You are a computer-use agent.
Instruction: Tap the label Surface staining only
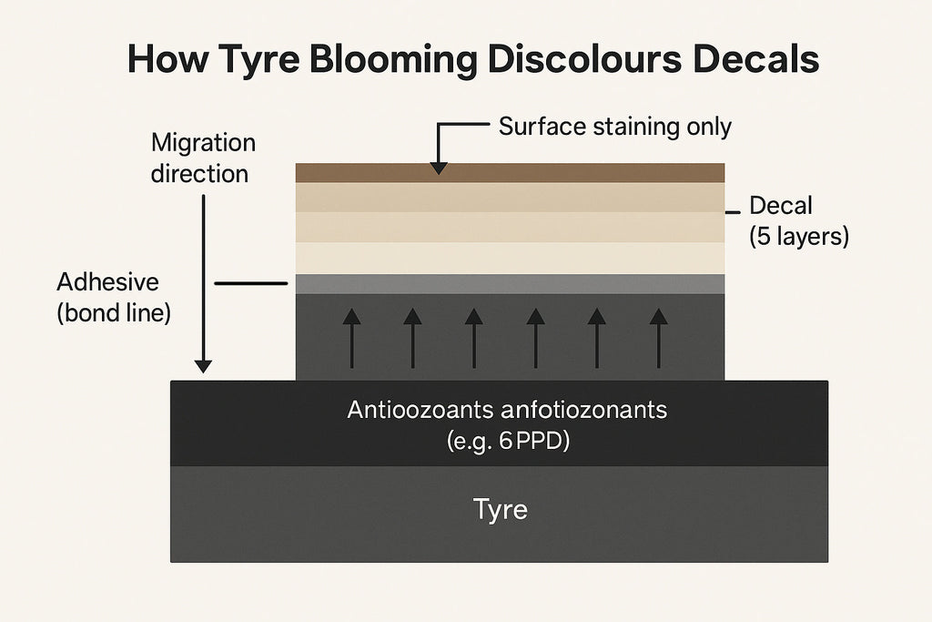pyautogui.click(x=614, y=127)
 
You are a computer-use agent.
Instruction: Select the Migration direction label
pyautogui.click(x=202, y=158)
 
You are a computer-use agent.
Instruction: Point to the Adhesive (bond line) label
pyautogui.click(x=113, y=296)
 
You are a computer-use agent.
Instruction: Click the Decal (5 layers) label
pyautogui.click(x=798, y=221)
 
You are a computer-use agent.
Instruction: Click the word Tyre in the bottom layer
pyautogui.click(x=500, y=509)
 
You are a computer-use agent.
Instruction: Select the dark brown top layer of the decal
pyautogui.click(x=510, y=173)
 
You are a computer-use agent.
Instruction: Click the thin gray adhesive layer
pyautogui.click(x=510, y=283)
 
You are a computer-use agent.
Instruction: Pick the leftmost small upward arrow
pyautogui.click(x=352, y=340)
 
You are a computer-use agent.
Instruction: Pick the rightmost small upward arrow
pyautogui.click(x=658, y=340)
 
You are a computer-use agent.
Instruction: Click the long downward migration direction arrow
pyautogui.click(x=204, y=282)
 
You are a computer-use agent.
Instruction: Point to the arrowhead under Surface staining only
pyautogui.click(x=439, y=167)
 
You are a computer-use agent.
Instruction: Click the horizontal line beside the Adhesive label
pyautogui.click(x=250, y=284)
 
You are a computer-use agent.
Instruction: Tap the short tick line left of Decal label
pyautogui.click(x=732, y=211)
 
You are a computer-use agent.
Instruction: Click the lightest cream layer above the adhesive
pyautogui.click(x=510, y=258)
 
